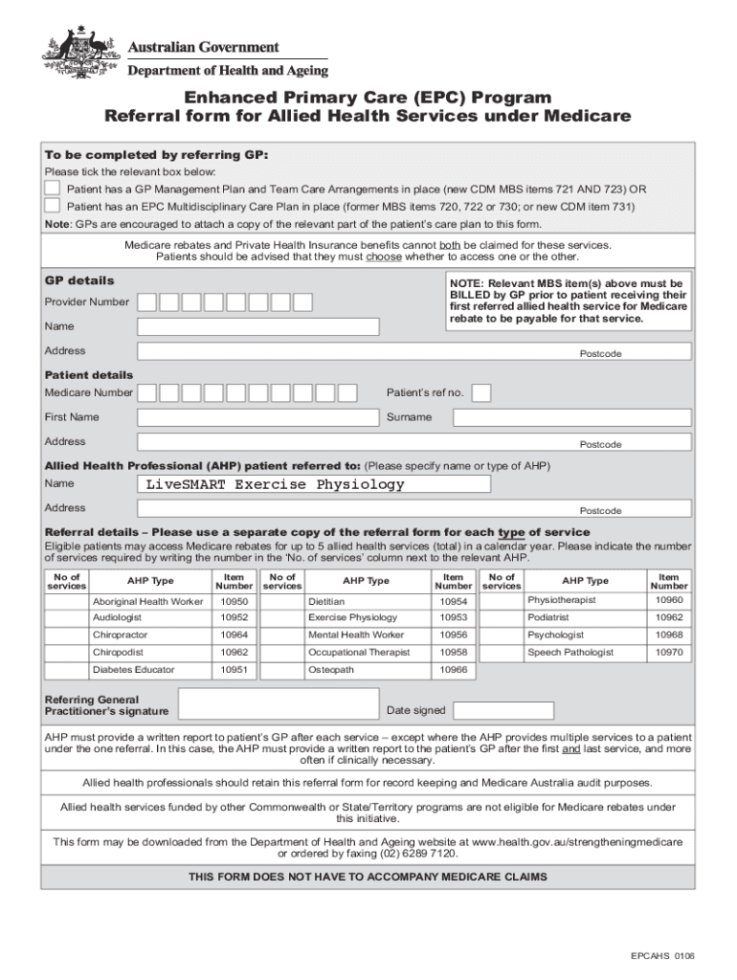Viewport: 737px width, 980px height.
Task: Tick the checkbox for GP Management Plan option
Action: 54,189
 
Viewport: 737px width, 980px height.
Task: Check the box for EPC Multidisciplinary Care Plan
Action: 54,205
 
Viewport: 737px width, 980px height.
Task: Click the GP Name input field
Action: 258,326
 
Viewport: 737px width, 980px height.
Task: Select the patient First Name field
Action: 258,417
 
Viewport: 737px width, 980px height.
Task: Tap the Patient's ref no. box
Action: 482,392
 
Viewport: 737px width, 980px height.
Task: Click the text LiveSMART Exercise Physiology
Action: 275,484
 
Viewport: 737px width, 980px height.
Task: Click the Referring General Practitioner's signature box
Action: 278,704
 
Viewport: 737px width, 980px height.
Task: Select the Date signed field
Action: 503,710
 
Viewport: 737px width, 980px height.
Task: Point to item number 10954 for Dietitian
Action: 454,601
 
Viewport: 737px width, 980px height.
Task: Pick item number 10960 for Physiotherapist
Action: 669,600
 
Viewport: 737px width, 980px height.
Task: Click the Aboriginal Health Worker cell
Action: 147,601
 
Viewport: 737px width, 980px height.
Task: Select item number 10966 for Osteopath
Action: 454,670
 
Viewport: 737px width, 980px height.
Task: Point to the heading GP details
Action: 79,280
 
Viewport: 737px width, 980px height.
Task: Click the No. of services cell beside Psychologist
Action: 501,635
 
